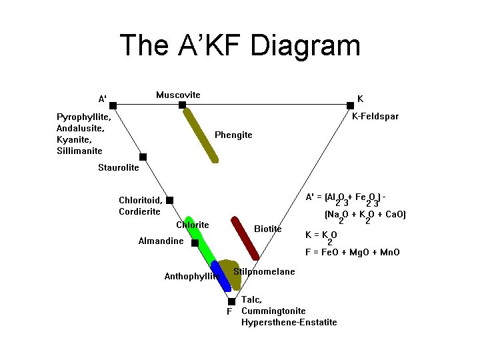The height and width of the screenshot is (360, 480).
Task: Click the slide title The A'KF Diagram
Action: coord(240,46)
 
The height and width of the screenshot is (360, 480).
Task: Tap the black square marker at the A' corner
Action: coord(113,105)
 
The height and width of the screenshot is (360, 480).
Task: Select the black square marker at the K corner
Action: coord(350,105)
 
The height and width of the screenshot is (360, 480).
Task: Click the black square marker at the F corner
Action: coord(232,301)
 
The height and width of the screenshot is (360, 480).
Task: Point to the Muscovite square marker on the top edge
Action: coord(183,105)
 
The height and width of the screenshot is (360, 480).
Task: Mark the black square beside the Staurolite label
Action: coord(143,157)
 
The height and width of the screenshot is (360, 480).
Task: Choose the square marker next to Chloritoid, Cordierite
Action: coord(170,200)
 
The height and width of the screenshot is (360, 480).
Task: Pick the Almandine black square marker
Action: coord(195,243)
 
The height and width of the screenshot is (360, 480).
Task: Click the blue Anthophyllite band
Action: coord(221,277)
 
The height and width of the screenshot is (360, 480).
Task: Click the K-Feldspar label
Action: coord(375,116)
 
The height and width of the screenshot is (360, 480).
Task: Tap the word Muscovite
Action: coord(178,95)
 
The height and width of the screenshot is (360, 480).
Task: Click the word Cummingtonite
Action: coord(273,311)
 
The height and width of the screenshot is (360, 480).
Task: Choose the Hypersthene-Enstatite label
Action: coord(289,322)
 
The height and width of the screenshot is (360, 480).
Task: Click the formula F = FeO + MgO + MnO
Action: coord(356,252)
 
